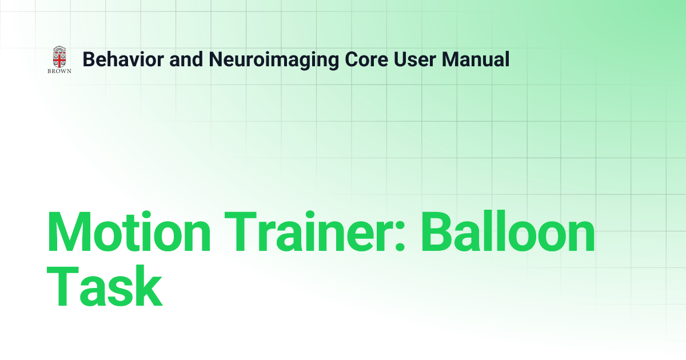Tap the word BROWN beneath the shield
click(x=59, y=72)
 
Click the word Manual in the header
click(x=476, y=59)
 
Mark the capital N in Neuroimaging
click(x=215, y=59)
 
